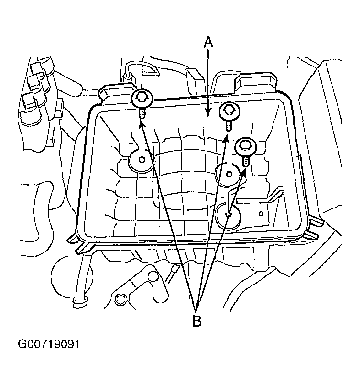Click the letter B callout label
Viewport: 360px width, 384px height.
pos(196,321)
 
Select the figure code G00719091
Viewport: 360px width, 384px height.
pos(49,344)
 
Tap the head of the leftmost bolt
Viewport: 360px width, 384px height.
pos(142,99)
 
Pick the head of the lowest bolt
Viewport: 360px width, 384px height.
pos(245,147)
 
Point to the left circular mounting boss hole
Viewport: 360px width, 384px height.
pos(142,160)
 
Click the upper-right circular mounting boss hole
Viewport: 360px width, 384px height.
pos(229,174)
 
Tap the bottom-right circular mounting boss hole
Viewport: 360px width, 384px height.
pos(228,215)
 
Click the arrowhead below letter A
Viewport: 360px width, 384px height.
pos(208,112)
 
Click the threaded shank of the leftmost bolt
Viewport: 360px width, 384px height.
pos(142,113)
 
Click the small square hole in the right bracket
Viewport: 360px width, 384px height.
pos(261,214)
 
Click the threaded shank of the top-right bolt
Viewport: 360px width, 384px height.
pos(228,125)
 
